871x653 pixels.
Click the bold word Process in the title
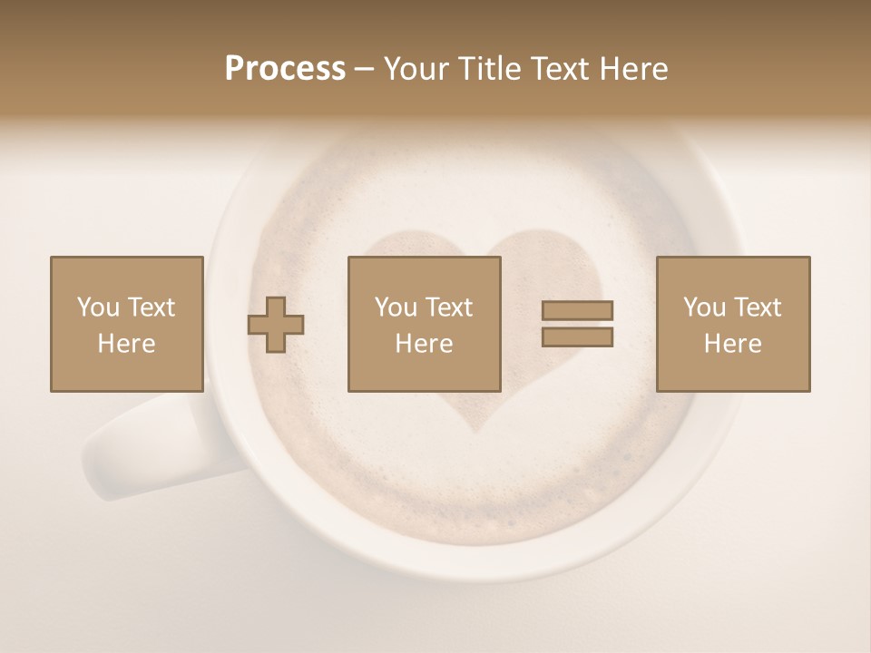pos(285,69)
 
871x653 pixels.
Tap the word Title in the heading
pos(491,69)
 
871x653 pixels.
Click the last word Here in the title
pos(634,69)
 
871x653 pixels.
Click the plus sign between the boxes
pos(276,324)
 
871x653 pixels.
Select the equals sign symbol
pos(577,324)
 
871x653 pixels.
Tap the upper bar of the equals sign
pos(577,310)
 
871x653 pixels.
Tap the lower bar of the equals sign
pos(577,337)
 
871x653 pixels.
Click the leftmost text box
pos(126,324)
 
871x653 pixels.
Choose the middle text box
pos(424,324)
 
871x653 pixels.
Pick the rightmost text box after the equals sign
pos(733,324)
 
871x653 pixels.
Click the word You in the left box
pos(98,307)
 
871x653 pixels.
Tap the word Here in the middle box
pos(424,344)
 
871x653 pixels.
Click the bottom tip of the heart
pos(478,430)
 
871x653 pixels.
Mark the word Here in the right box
pos(733,344)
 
